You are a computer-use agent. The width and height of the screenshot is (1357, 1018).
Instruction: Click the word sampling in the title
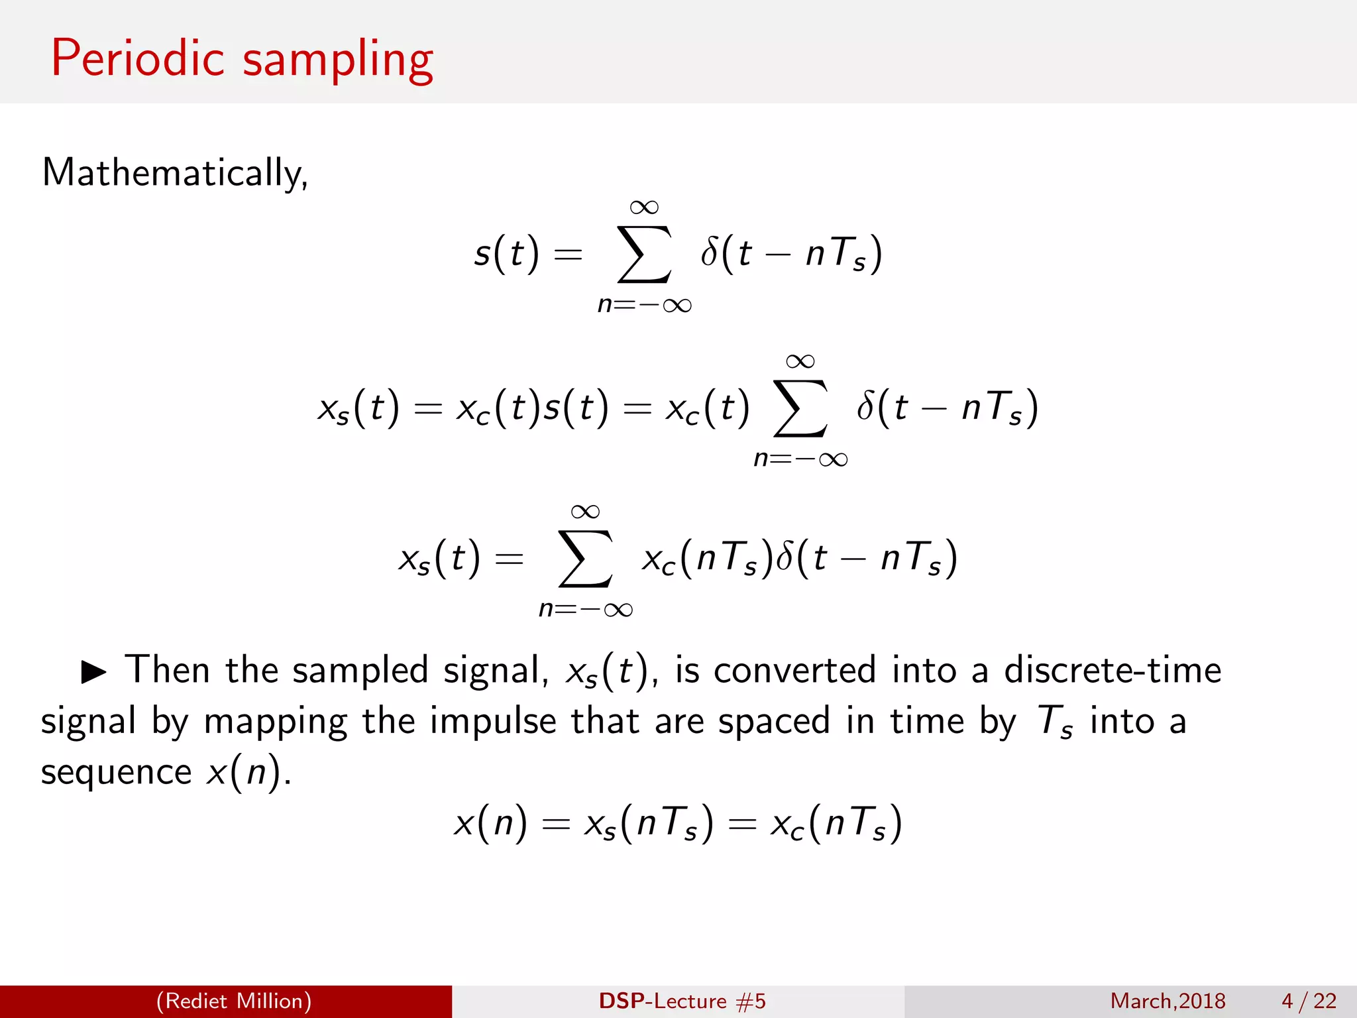point(338,61)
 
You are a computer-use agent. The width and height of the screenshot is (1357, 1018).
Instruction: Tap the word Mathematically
point(174,173)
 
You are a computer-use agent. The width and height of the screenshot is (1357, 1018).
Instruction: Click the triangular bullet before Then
point(93,671)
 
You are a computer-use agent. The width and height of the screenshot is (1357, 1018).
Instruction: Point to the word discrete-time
point(1113,670)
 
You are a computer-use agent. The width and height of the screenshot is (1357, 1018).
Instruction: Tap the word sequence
point(116,773)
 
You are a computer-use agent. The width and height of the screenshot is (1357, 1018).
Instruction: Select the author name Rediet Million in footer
point(234,1001)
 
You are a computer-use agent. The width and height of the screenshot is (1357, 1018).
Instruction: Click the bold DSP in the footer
point(623,1001)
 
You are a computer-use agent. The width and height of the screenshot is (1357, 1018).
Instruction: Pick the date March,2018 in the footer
point(1167,1001)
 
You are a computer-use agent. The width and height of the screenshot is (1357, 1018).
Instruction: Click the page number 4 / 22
point(1309,1001)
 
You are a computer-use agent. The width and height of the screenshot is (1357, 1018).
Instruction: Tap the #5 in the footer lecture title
point(751,1001)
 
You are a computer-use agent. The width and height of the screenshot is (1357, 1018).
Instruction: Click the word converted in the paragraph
point(794,670)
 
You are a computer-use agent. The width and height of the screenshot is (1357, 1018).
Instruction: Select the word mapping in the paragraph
point(275,722)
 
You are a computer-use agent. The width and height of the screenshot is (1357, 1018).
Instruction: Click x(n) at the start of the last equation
point(490,823)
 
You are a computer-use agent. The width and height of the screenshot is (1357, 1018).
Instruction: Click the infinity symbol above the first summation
point(644,207)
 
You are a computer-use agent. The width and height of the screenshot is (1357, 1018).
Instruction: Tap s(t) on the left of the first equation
point(506,254)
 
